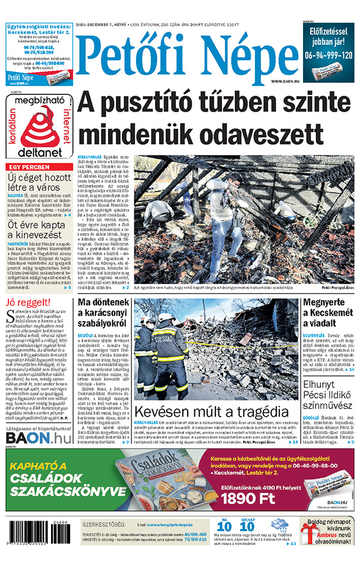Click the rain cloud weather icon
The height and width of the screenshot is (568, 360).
point(279,526)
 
